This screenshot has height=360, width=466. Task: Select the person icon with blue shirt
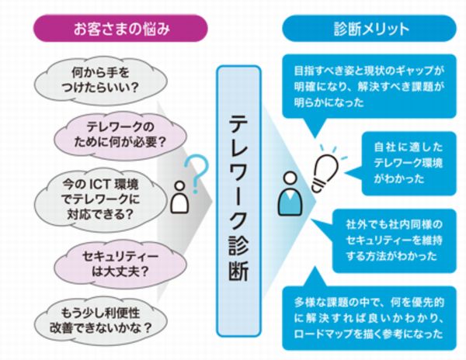coord(287,196)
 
